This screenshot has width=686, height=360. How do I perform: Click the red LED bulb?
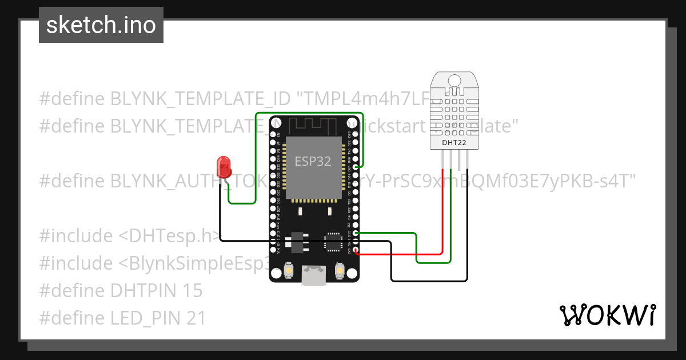[224, 167]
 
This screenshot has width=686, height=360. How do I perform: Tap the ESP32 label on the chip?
[313, 162]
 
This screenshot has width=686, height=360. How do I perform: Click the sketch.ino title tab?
[101, 25]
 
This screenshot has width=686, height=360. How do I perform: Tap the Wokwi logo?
[607, 315]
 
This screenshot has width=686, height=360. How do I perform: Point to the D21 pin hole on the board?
[356, 167]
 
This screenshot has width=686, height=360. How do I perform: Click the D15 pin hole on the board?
[356, 233]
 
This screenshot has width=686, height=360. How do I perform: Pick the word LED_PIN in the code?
[143, 318]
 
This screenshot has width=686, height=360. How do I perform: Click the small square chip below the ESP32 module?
[333, 242]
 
